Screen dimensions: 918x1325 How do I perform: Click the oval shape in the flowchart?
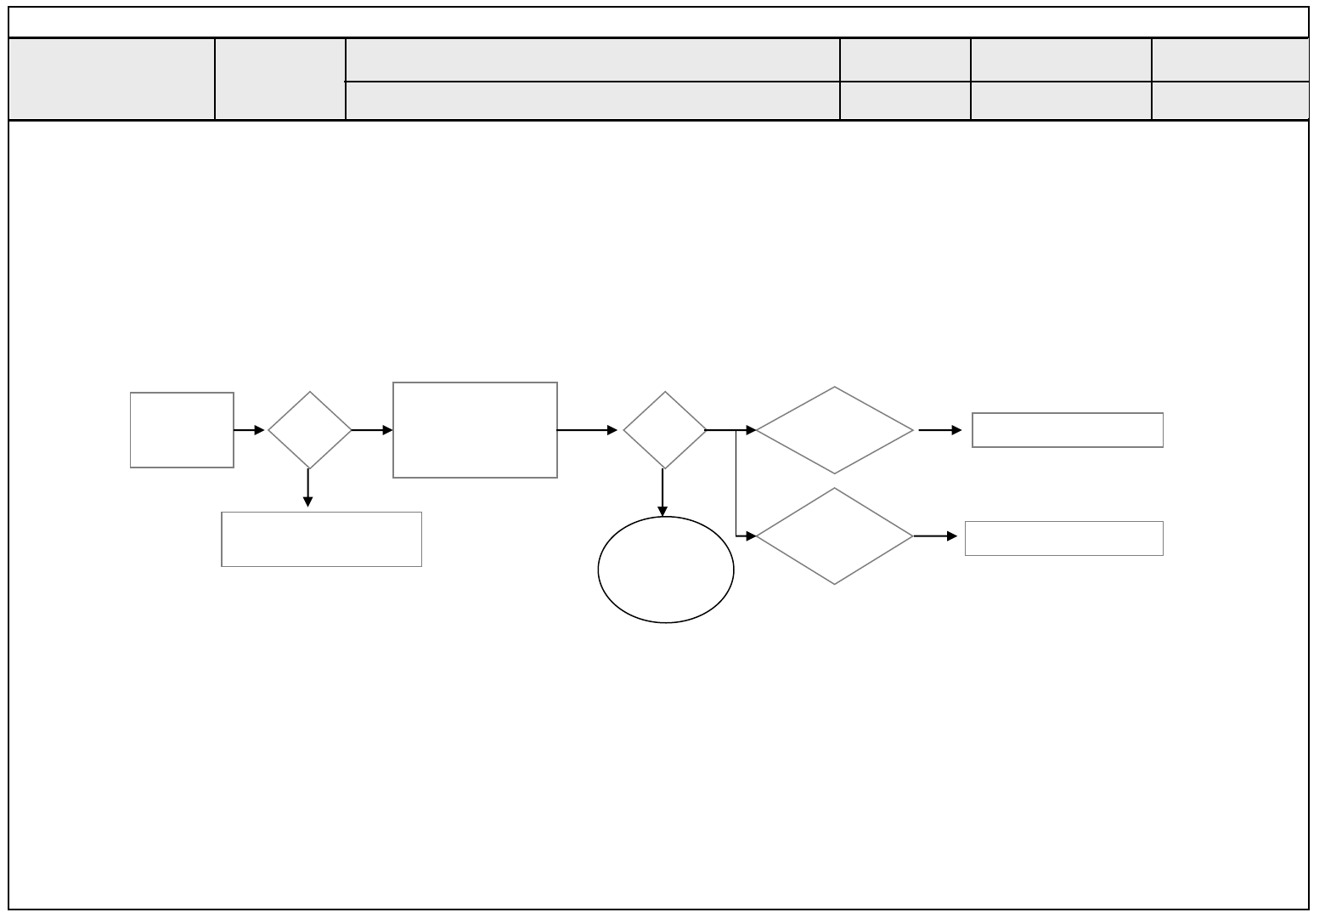[x=666, y=570]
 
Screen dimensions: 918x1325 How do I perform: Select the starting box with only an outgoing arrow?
[x=182, y=430]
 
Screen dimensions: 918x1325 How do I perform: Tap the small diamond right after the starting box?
[x=310, y=430]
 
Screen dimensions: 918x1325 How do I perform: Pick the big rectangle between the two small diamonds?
[x=475, y=430]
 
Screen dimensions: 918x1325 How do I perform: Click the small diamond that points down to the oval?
[x=664, y=430]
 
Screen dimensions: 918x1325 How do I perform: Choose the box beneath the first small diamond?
[x=321, y=539]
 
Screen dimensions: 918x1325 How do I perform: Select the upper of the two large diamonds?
[x=835, y=430]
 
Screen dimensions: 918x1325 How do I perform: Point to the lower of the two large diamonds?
[x=835, y=536]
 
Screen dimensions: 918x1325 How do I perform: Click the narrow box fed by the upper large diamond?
[x=1067, y=430]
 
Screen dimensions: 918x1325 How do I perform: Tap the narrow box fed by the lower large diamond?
[x=1063, y=538]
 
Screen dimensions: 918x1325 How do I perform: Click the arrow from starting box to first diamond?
[x=250, y=431]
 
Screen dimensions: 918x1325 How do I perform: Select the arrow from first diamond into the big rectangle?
[x=372, y=431]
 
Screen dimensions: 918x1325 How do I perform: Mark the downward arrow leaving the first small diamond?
[x=307, y=489]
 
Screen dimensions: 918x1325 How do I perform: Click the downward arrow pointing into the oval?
[x=662, y=493]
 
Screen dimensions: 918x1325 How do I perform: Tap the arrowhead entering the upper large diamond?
[x=751, y=431]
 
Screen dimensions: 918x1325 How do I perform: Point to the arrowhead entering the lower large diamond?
[x=751, y=536]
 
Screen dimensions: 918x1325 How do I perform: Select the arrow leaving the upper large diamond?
[x=940, y=431]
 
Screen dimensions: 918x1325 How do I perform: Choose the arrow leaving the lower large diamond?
[x=935, y=536]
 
